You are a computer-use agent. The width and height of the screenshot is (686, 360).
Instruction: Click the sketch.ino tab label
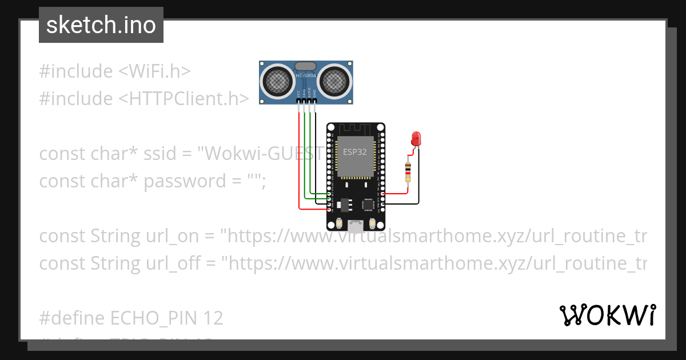pyautogui.click(x=101, y=25)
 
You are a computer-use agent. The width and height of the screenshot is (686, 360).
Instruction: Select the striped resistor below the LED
pyautogui.click(x=408, y=171)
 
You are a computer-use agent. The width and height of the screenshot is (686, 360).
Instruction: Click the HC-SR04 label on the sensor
pyautogui.click(x=306, y=75)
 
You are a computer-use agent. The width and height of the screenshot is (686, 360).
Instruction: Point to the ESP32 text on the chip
pyautogui.click(x=354, y=153)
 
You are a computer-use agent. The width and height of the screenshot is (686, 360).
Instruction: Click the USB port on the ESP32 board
pyautogui.click(x=356, y=225)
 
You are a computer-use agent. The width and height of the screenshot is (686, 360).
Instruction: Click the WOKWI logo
pyautogui.click(x=607, y=315)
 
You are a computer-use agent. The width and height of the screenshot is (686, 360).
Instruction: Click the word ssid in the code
pyautogui.click(x=163, y=154)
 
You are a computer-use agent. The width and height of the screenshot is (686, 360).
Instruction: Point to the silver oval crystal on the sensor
pyautogui.click(x=306, y=66)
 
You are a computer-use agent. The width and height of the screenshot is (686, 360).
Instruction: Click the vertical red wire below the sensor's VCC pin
pyautogui.click(x=299, y=154)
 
